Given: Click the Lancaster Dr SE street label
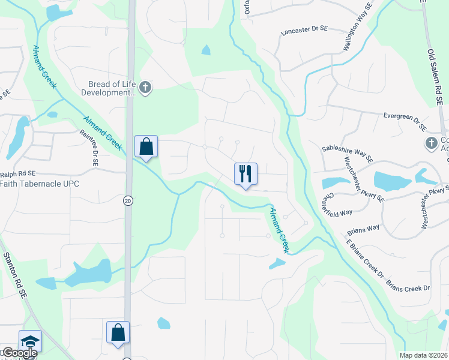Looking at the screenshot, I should (305, 37).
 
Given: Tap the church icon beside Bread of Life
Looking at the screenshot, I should (145, 89).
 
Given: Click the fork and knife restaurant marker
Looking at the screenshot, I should (246, 174).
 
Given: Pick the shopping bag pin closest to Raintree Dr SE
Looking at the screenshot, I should (146, 146).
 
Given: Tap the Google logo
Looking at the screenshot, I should (19, 353).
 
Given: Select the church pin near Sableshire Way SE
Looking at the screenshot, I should (430, 143).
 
